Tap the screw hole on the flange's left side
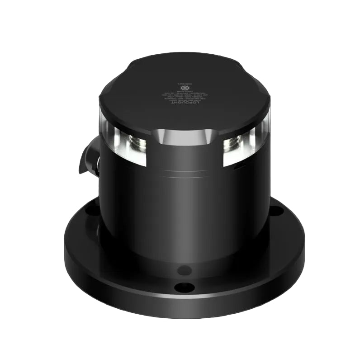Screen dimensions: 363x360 [x=92, y=209]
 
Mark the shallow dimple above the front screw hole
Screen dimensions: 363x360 [x=184, y=270]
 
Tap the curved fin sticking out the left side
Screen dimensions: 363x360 [x=88, y=156]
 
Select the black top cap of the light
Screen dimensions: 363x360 [x=184, y=97]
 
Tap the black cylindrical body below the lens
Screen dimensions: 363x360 [x=184, y=208]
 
